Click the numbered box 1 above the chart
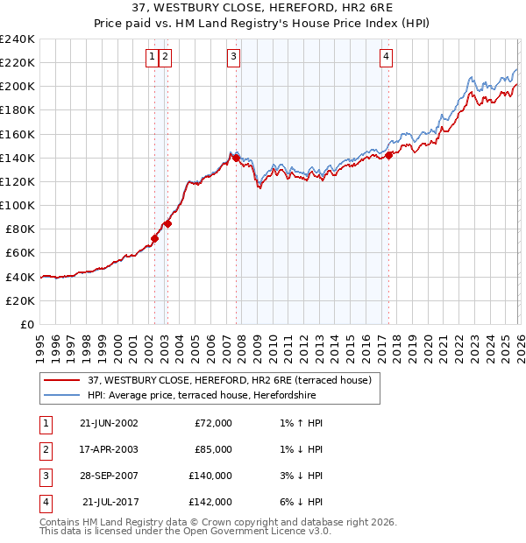[153, 57]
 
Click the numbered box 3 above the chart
[233, 57]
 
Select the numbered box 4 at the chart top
[386, 57]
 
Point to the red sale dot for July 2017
[388, 155]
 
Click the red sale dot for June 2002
[155, 238]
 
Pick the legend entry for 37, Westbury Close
[230, 380]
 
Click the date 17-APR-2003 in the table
[108, 449]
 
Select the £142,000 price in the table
[210, 502]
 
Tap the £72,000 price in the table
[213, 423]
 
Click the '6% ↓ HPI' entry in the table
[299, 502]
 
